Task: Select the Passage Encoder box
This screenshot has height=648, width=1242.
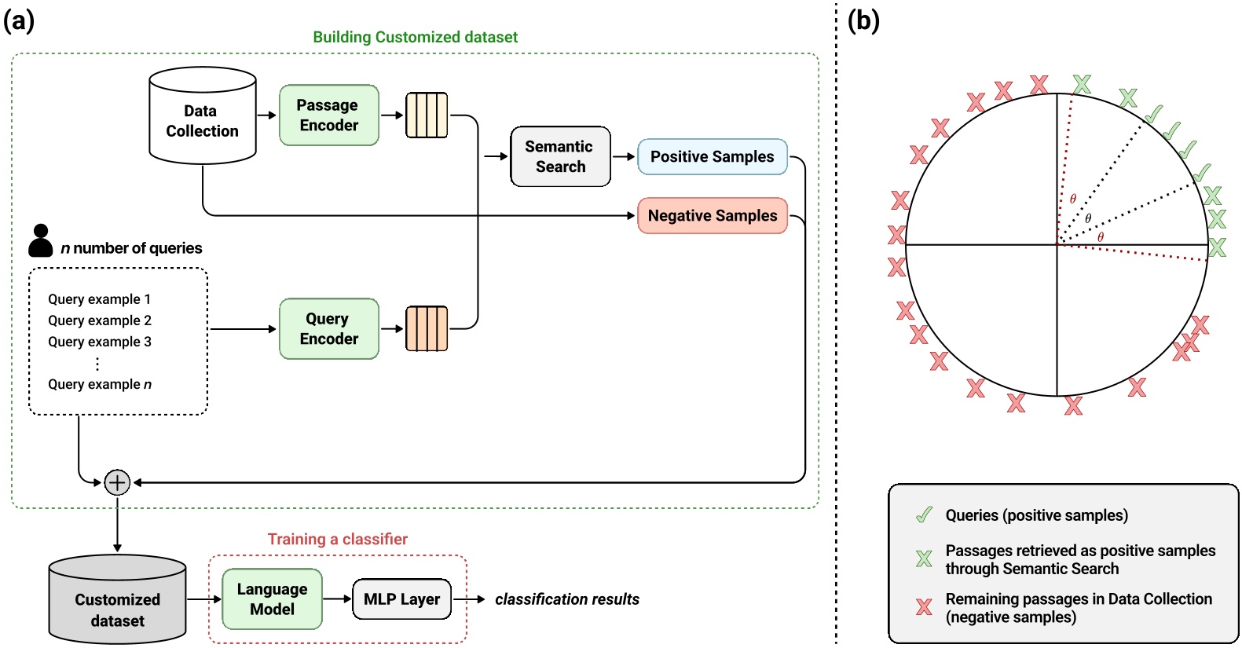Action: pos(328,115)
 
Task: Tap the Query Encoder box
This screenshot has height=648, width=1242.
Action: pos(328,329)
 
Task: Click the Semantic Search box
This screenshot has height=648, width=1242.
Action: pos(560,156)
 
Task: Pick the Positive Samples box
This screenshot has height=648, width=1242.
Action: pos(712,156)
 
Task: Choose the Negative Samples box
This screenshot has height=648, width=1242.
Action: pos(712,215)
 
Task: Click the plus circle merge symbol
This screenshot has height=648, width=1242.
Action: pos(117,482)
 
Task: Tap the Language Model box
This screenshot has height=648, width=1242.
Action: pos(272,599)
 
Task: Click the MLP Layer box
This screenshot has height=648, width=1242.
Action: pos(401,599)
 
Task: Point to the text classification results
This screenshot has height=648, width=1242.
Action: pos(566,599)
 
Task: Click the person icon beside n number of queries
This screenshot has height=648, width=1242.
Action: pos(41,241)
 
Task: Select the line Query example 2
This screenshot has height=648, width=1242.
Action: pos(100,320)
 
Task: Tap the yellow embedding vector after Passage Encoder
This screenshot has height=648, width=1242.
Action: pos(427,115)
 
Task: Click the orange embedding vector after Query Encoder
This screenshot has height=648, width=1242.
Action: pos(427,329)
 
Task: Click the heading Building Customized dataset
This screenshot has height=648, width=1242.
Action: pos(415,37)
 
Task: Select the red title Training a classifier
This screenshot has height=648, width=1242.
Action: pos(338,539)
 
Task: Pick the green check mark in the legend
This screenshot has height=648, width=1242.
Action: pos(925,515)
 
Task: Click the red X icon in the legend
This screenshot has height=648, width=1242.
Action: pos(924,606)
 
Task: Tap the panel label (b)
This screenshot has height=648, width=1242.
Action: pos(863,20)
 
